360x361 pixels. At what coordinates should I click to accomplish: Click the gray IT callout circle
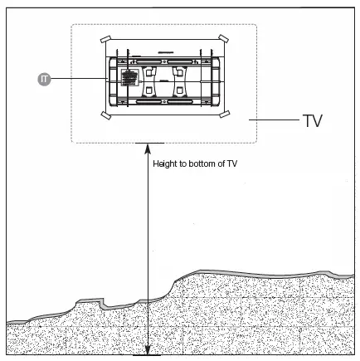(x=44, y=79)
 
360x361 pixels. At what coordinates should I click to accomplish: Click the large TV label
(x=313, y=120)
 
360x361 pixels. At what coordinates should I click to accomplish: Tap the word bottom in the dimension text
(x=202, y=163)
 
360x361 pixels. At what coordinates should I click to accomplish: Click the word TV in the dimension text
(x=231, y=163)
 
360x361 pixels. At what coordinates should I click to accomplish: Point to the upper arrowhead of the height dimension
(x=148, y=149)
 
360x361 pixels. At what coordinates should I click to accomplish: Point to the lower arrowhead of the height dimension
(x=148, y=350)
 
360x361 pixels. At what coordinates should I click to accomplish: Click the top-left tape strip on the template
(x=105, y=39)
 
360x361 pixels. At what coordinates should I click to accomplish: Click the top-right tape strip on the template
(x=223, y=38)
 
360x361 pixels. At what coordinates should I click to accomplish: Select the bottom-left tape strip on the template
(x=105, y=115)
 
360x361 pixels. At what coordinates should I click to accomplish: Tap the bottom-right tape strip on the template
(x=225, y=114)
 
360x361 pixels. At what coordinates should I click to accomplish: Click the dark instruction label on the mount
(x=129, y=77)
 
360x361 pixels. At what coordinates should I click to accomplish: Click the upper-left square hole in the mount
(x=149, y=72)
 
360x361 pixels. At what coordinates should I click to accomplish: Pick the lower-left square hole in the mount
(x=149, y=90)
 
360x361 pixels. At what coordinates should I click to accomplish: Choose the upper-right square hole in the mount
(x=180, y=72)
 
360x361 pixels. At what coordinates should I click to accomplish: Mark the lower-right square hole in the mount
(x=180, y=90)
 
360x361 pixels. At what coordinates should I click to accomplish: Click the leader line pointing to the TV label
(x=274, y=120)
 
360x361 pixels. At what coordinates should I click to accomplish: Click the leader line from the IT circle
(x=79, y=79)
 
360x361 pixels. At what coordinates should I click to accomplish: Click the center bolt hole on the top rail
(x=164, y=61)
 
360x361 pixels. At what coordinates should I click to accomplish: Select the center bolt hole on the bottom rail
(x=164, y=102)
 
